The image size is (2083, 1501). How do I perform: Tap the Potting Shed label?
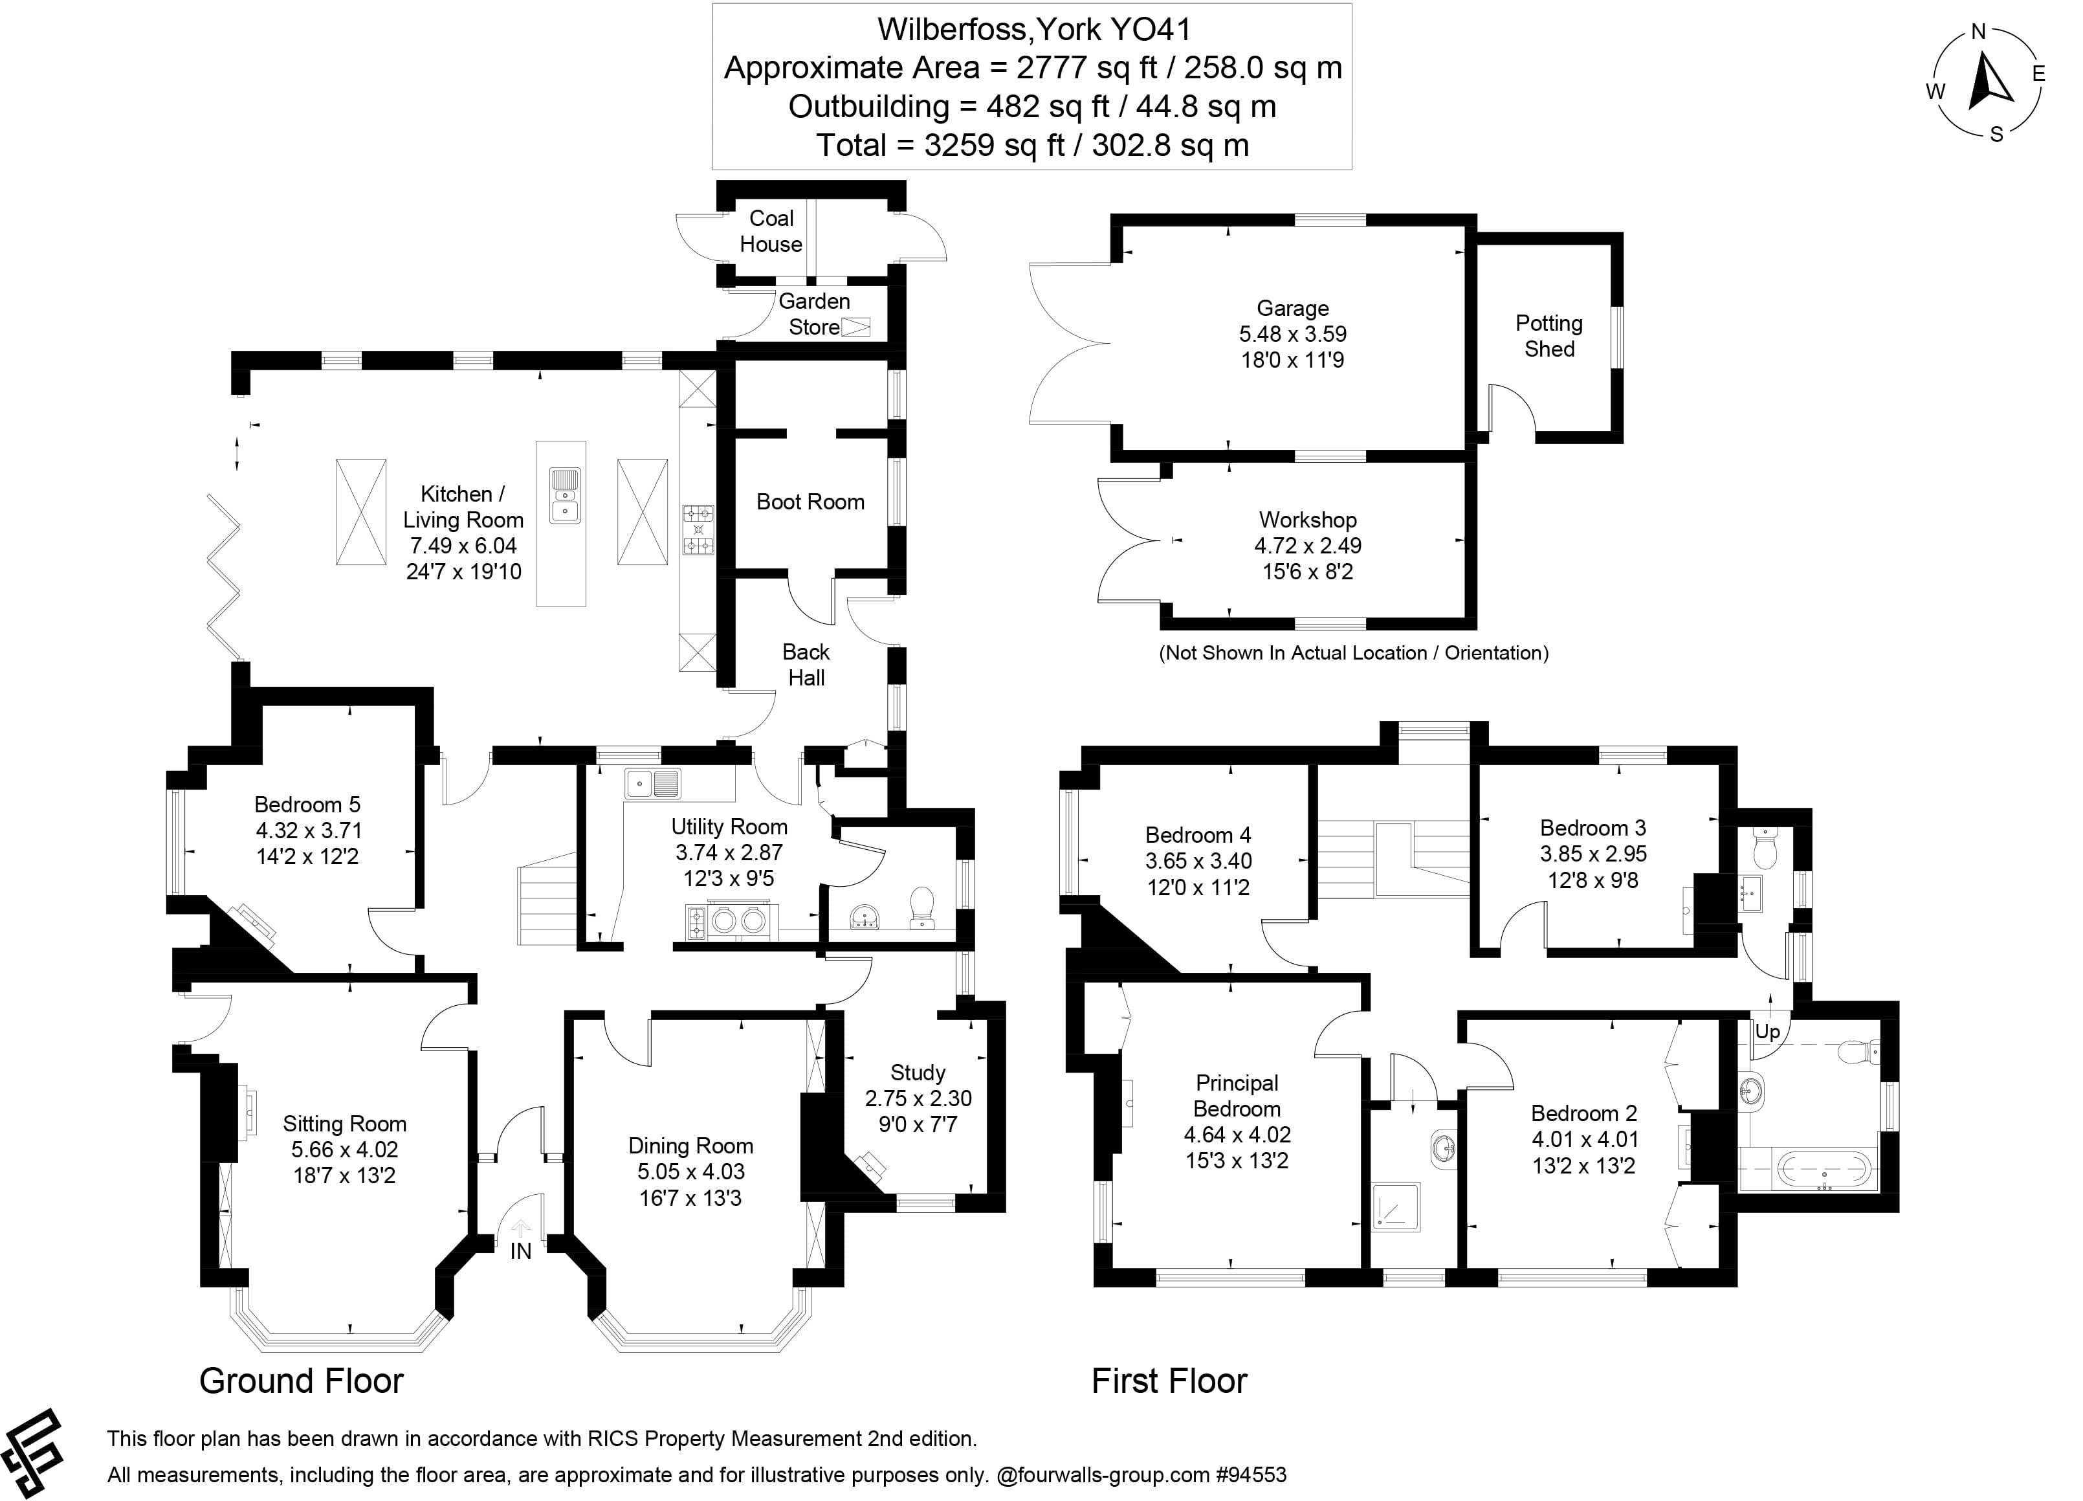click(x=1548, y=336)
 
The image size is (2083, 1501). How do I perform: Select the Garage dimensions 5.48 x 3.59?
click(x=1292, y=335)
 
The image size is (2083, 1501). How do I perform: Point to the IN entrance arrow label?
click(x=521, y=1251)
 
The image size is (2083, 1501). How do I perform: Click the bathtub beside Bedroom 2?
click(x=1823, y=1170)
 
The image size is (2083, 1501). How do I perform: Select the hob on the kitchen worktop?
click(x=698, y=530)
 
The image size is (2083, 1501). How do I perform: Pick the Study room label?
click(x=918, y=1073)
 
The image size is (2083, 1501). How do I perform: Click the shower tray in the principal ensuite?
click(x=1396, y=1206)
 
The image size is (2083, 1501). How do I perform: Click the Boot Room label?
click(x=810, y=502)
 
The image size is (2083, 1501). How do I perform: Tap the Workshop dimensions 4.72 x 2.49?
click(x=1307, y=546)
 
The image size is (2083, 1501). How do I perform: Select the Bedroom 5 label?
click(x=307, y=805)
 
